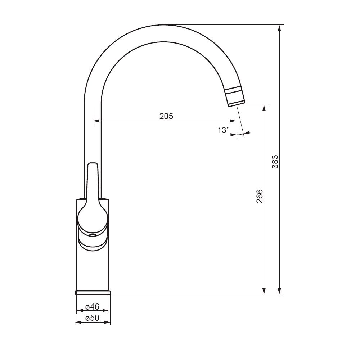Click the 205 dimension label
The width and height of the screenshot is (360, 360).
[166, 116]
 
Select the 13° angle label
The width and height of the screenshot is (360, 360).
[224, 130]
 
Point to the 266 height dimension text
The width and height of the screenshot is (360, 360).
[260, 196]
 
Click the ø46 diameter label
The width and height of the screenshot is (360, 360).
[92, 306]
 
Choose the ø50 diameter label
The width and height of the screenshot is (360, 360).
[92, 318]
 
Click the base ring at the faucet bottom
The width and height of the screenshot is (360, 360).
[93, 292]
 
